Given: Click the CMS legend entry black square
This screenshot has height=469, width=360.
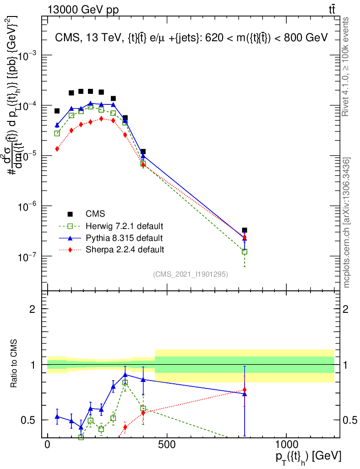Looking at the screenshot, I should (70, 214).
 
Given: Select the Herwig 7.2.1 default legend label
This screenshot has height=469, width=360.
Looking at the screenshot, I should (125, 226).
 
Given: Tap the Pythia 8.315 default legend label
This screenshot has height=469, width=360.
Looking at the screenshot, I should (124, 238).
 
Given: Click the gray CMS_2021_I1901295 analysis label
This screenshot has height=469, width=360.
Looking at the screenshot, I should (191, 274).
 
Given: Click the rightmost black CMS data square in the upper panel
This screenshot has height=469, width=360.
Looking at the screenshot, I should (245, 230).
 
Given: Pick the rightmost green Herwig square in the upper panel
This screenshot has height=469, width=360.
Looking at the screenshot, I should (245, 251).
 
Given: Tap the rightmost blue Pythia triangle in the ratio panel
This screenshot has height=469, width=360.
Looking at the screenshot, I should (245, 394).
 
